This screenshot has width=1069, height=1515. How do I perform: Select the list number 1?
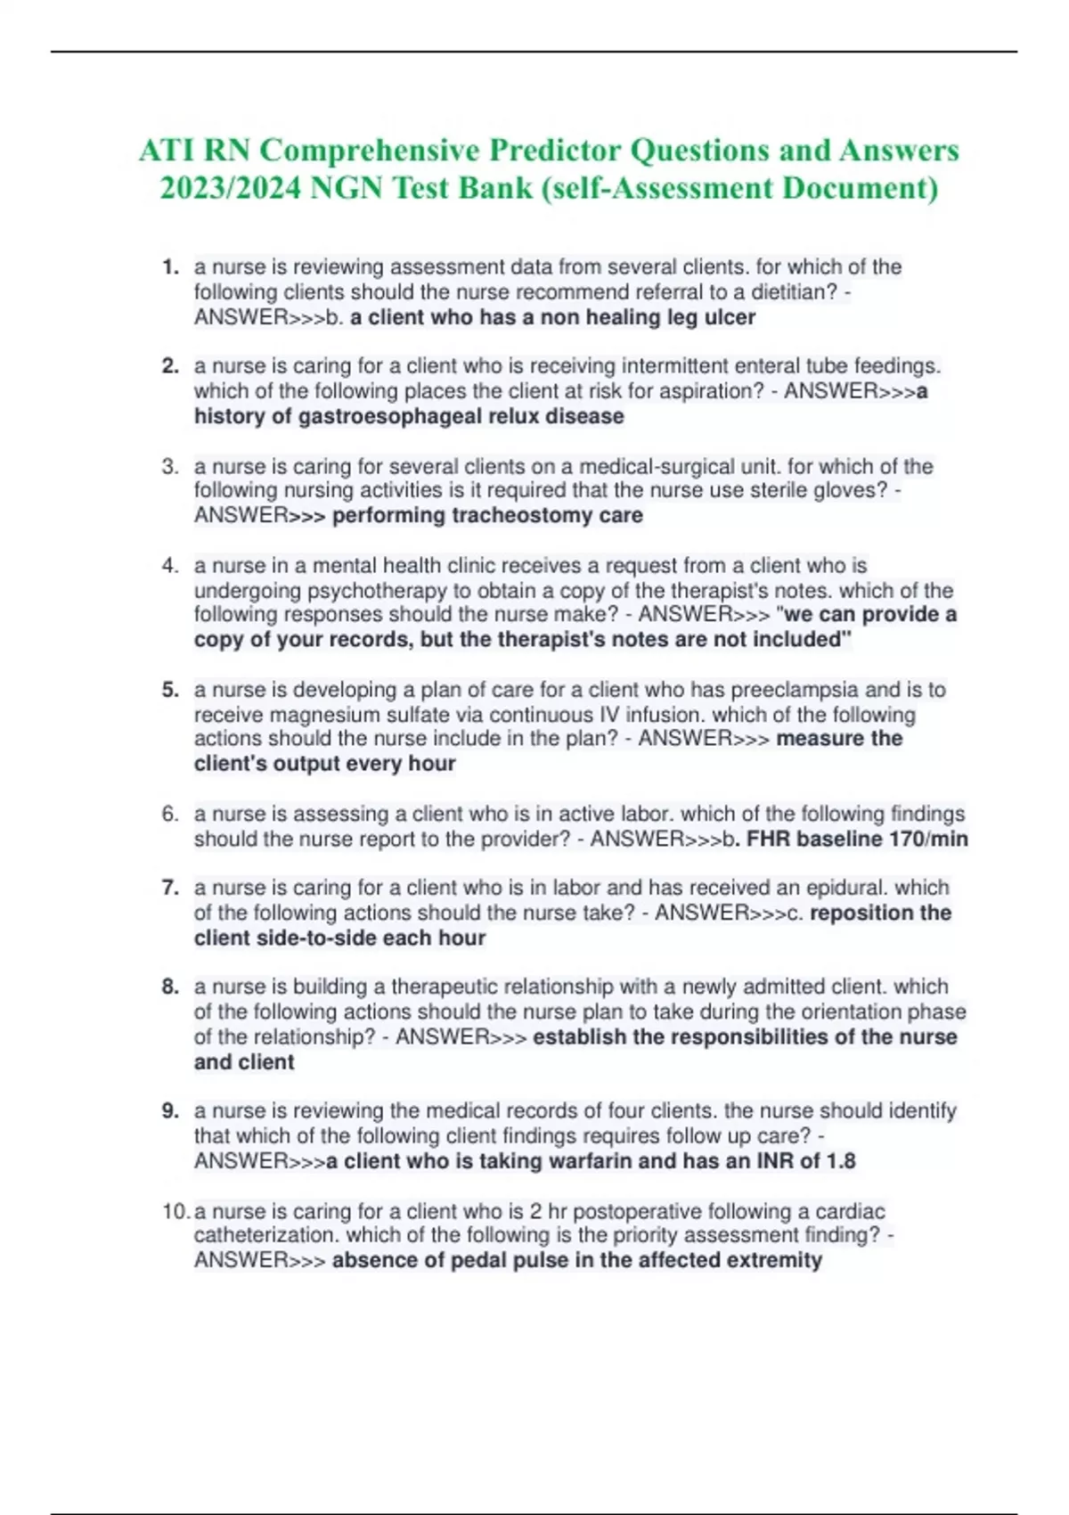170,267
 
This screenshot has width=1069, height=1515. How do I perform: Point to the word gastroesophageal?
410,417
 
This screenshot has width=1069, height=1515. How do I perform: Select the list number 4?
170,566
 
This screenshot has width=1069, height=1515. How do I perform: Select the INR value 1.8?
840,1161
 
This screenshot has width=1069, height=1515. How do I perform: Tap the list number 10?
175,1211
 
